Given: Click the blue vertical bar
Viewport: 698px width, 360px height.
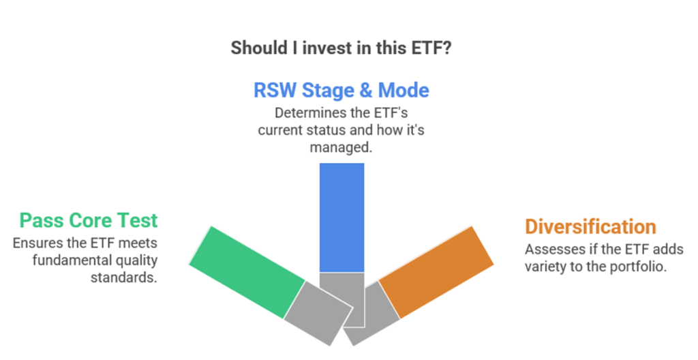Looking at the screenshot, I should point(342,217).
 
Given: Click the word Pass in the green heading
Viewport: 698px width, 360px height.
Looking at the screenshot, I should point(42,220).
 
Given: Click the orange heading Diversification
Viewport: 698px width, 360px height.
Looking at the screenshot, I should point(590,226).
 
